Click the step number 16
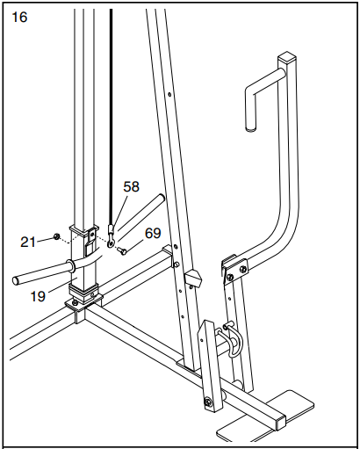coord(19,17)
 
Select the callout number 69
coord(153,233)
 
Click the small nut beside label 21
coord(56,236)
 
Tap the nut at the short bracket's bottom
coord(208,403)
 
